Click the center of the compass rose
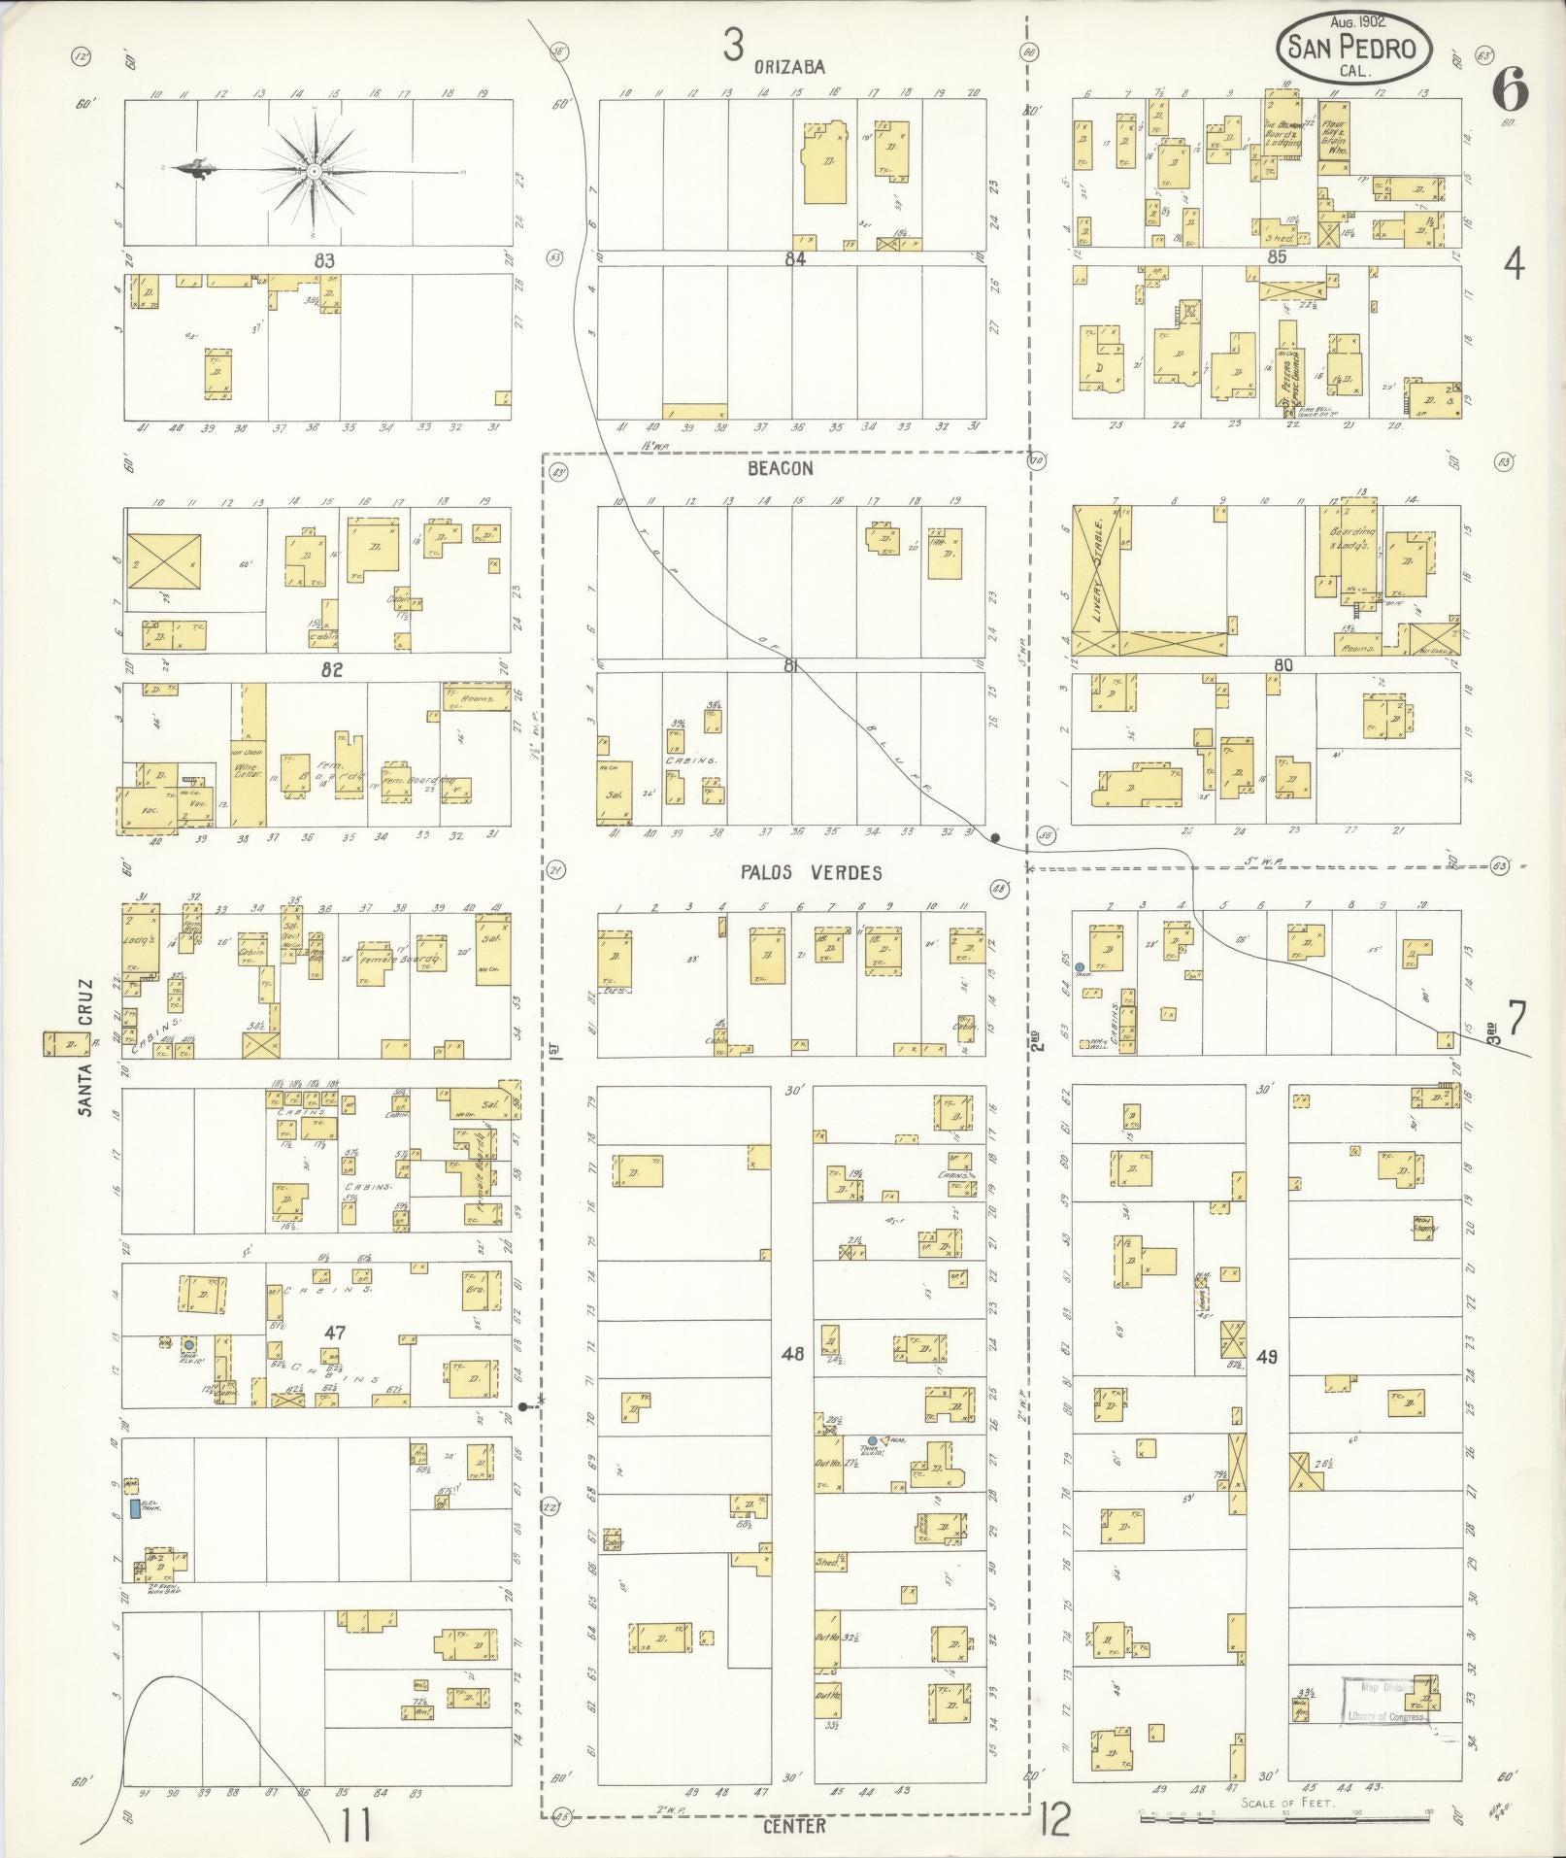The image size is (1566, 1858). pos(314,171)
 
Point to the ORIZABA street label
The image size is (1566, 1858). pos(789,67)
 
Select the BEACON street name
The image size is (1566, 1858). pos(780,468)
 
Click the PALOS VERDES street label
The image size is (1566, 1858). pos(812,872)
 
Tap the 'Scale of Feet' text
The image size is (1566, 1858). pos(1283,1804)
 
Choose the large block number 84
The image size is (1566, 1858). pos(795,259)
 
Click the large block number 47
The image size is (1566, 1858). pos(336,1332)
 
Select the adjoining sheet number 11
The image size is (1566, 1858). pos(355,1826)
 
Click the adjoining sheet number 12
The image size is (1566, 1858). pos(1054,1819)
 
